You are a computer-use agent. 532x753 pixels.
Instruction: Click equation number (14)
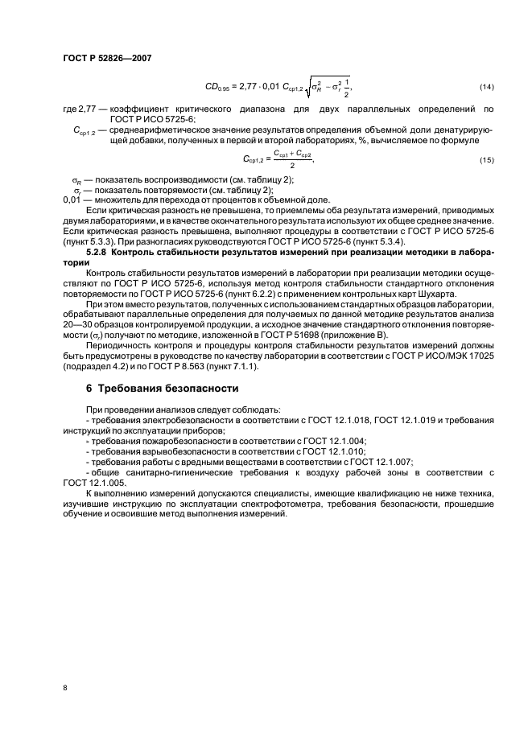click(x=487, y=85)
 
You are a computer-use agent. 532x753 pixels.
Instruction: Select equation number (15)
click(x=487, y=160)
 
